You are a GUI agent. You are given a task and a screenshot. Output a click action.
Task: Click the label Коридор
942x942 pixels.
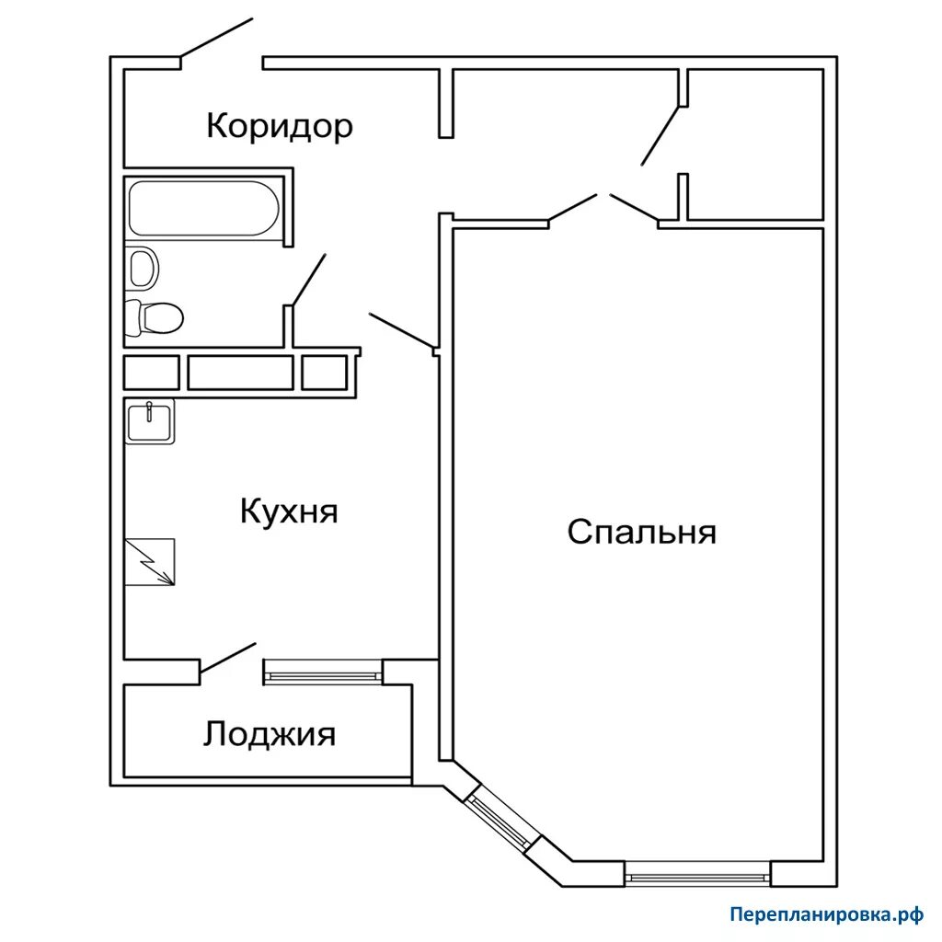tap(279, 125)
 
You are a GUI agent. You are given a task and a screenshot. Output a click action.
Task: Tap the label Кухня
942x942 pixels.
tap(289, 511)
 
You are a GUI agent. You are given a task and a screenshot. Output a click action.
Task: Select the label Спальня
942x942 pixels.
tap(641, 532)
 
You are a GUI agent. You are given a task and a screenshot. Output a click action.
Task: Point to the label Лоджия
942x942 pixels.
tap(270, 734)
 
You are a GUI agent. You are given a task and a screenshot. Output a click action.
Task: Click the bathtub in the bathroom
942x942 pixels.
tap(203, 208)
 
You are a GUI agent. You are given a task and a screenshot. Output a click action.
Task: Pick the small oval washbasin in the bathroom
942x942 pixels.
tap(143, 268)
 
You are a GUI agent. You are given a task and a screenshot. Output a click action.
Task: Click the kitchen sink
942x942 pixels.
tap(149, 422)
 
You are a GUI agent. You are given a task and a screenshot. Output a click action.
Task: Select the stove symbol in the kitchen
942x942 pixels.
tap(149, 562)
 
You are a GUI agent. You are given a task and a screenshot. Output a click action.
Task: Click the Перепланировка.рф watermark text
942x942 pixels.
tap(824, 914)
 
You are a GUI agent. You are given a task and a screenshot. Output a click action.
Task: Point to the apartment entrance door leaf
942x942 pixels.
tap(216, 40)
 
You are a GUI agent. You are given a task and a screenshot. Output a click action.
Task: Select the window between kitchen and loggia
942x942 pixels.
tap(323, 672)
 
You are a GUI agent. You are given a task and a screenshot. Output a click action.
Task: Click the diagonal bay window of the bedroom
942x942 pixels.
tap(500, 820)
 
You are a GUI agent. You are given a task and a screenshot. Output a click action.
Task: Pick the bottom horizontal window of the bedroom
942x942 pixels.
tap(696, 872)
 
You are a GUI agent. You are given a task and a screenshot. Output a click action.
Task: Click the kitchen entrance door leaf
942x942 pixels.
tap(401, 331)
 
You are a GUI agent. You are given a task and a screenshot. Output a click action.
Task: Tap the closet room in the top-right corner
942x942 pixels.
tap(754, 144)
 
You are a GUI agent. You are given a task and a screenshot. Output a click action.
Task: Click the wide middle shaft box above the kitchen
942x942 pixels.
tap(240, 373)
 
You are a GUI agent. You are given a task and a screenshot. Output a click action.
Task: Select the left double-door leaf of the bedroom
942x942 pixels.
tap(573, 208)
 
